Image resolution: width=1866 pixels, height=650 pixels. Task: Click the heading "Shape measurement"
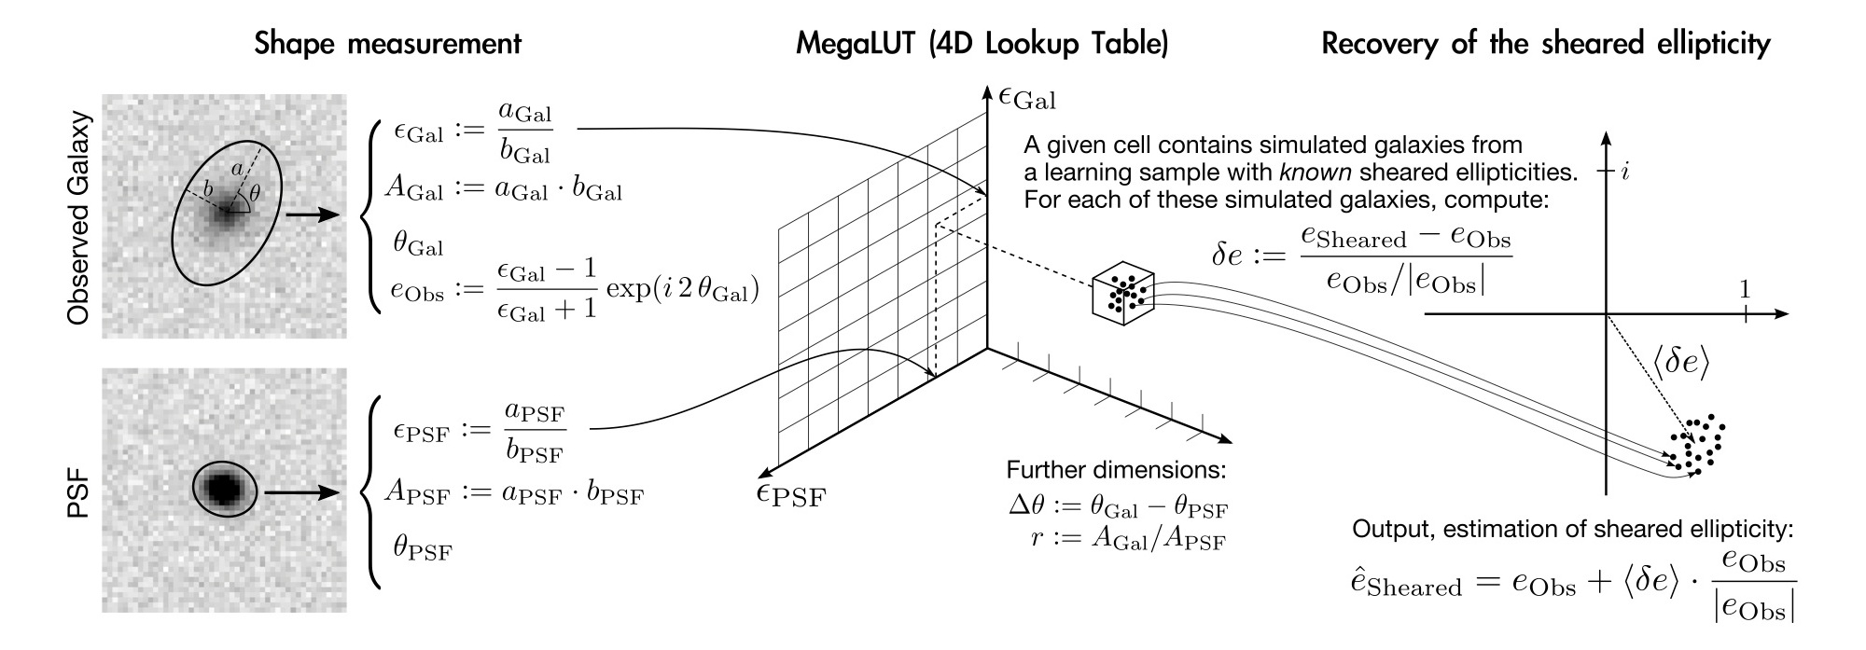coord(387,44)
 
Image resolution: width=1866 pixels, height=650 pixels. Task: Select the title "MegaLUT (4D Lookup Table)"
coord(982,44)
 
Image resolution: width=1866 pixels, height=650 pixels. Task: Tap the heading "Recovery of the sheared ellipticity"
coord(1545,44)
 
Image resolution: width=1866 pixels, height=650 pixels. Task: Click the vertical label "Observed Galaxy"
coord(82,218)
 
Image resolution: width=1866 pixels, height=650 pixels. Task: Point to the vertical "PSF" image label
coord(82,491)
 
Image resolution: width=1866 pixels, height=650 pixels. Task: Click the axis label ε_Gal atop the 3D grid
coord(1026,96)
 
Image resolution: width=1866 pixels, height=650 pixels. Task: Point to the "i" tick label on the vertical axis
coord(1626,172)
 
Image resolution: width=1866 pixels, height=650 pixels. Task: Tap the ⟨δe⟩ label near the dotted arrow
coord(1678,363)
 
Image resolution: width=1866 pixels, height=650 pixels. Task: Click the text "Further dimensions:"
coord(1117,468)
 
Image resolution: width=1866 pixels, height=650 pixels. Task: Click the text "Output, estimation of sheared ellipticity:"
coord(1572,530)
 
